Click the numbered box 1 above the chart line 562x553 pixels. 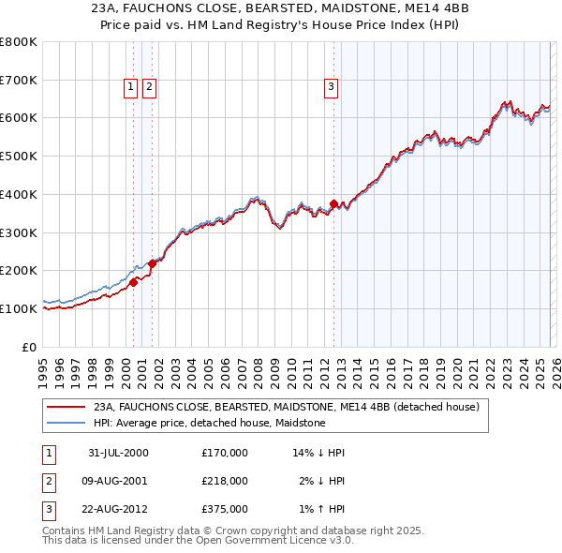coord(130,88)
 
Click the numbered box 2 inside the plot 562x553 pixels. coord(149,88)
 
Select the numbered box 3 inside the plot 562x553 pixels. coord(332,88)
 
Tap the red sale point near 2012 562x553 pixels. coord(333,203)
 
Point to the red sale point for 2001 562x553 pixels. coord(152,263)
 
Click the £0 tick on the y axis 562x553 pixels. coord(30,347)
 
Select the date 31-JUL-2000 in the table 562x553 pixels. coord(118,453)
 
